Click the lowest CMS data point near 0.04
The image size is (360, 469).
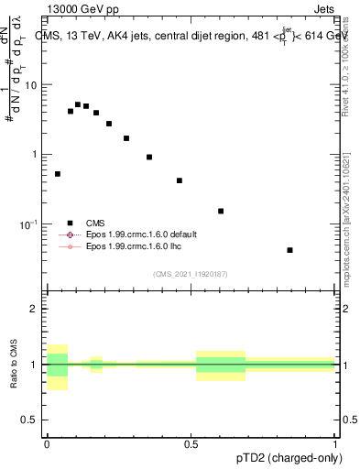click(58, 173)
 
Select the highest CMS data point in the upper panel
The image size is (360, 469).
click(78, 104)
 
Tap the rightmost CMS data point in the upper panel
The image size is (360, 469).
click(289, 250)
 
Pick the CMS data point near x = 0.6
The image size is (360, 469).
click(221, 211)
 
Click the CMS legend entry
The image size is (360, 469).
click(95, 223)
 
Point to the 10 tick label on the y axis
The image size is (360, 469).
click(31, 85)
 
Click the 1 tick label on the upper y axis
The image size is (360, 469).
click(35, 155)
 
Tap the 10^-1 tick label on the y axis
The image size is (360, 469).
click(29, 224)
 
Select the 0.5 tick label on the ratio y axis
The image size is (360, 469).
click(30, 420)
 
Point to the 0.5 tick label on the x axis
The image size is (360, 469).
click(191, 444)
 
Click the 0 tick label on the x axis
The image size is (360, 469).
click(47, 444)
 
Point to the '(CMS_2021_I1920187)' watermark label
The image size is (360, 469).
click(191, 273)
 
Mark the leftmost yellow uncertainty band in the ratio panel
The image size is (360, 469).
click(58, 366)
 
